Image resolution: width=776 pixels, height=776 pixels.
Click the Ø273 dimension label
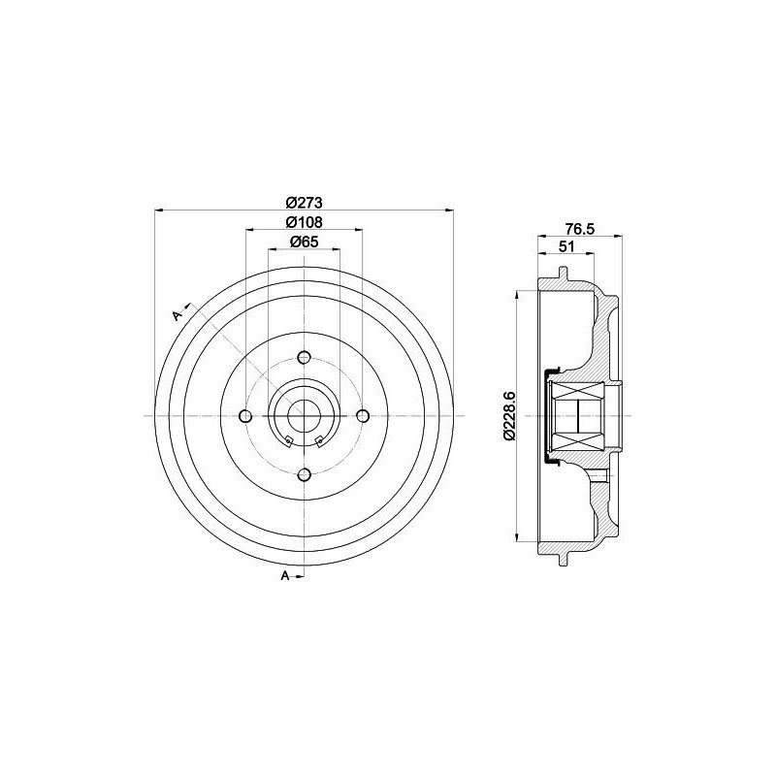coord(304,203)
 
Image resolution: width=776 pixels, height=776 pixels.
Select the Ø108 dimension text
coord(304,222)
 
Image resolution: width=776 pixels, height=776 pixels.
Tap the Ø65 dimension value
coord(304,242)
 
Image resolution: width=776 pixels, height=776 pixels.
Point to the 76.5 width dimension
coord(579,229)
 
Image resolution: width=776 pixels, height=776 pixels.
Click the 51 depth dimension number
coord(566,246)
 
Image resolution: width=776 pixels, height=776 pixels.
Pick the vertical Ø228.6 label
coord(510,416)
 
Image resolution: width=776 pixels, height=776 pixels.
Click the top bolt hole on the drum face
coord(304,357)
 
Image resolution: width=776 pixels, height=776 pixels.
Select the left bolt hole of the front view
coord(245,416)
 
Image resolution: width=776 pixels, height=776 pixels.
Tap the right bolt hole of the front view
coord(363,416)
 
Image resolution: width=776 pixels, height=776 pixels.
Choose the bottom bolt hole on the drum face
coord(304,474)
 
